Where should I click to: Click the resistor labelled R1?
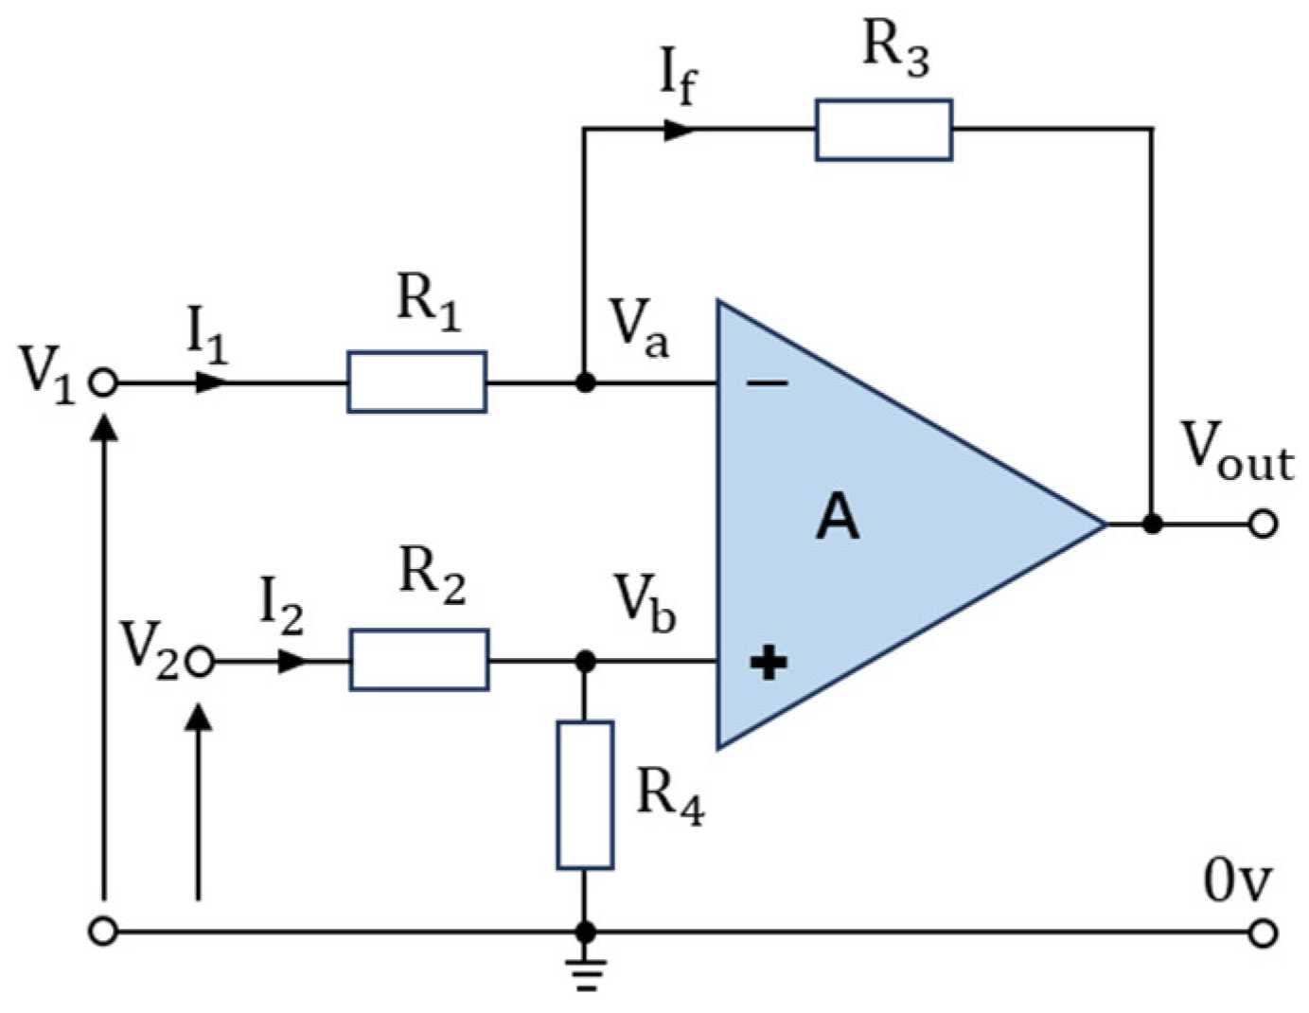(416, 382)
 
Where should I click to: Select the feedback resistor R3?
(883, 130)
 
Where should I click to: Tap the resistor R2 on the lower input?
(418, 660)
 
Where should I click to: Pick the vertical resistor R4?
(585, 794)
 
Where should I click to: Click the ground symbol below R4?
(586, 972)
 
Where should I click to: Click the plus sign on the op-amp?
(768, 662)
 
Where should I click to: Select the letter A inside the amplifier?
(838, 518)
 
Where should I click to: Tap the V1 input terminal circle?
(103, 382)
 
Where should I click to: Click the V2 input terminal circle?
(200, 661)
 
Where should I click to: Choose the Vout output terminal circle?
(1263, 523)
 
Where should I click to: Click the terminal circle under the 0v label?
(1263, 933)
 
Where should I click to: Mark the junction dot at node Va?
(586, 382)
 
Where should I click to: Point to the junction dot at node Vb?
(586, 661)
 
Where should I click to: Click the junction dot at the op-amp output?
(1152, 523)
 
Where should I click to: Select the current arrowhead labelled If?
(679, 129)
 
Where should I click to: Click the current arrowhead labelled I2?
(292, 661)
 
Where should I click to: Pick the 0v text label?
(1237, 880)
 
